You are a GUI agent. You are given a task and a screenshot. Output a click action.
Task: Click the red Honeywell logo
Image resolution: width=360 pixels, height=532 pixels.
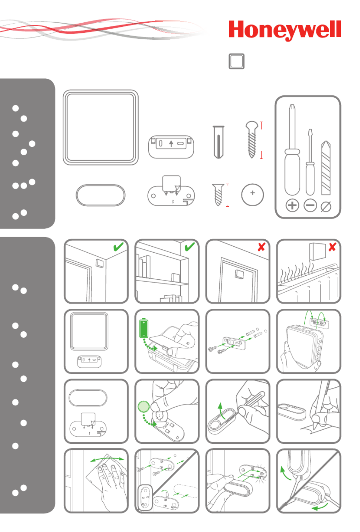pyautogui.click(x=284, y=30)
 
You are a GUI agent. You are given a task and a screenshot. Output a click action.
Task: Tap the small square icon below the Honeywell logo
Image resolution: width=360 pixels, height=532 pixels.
pyautogui.click(x=236, y=61)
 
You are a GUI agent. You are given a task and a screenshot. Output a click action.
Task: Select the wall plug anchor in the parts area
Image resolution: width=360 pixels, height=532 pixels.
pyautogui.click(x=218, y=142)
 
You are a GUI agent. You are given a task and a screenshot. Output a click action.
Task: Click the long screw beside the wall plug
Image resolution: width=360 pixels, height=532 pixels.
pyautogui.click(x=252, y=139)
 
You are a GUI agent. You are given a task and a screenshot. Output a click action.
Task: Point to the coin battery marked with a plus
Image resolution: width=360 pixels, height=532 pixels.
pyautogui.click(x=252, y=195)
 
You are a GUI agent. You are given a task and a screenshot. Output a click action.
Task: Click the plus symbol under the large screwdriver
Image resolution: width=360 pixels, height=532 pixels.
pyautogui.click(x=292, y=206)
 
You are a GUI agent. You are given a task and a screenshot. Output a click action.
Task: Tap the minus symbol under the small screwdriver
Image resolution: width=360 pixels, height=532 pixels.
pyautogui.click(x=310, y=206)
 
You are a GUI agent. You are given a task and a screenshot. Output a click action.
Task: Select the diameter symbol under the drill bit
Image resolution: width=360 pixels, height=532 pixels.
pyautogui.click(x=326, y=206)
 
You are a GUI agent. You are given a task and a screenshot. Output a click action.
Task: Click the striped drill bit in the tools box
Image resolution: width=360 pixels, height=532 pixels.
pyautogui.click(x=326, y=168)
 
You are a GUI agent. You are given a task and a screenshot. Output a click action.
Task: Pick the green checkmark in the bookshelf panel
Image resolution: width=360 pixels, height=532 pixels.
pyautogui.click(x=190, y=247)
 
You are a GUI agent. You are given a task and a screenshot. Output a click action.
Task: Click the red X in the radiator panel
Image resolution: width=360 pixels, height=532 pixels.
pyautogui.click(x=332, y=247)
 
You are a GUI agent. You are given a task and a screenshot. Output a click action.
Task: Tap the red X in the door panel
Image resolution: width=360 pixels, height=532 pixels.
pyautogui.click(x=261, y=247)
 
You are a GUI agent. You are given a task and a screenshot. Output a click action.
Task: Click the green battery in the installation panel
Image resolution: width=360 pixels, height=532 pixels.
pyautogui.click(x=144, y=328)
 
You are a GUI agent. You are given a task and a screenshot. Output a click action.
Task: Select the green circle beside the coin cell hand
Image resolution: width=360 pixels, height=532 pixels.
pyautogui.click(x=143, y=407)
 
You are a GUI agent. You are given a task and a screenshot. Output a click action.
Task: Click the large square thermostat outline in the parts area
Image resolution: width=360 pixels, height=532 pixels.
pyautogui.click(x=100, y=127)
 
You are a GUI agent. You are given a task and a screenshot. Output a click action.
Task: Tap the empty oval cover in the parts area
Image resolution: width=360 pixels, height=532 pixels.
pyautogui.click(x=100, y=195)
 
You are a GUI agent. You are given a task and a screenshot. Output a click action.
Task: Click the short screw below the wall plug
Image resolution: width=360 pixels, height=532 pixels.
pyautogui.click(x=218, y=195)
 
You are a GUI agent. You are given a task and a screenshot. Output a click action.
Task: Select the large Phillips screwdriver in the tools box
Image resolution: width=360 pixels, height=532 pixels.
pyautogui.click(x=292, y=149)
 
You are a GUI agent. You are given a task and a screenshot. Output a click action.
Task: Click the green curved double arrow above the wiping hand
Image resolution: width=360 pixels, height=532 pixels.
pyautogui.click(x=107, y=458)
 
